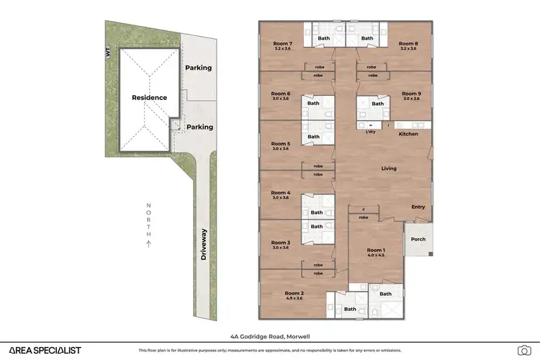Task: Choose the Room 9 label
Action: (x=411, y=94)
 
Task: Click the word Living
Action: (x=389, y=168)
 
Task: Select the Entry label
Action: (x=418, y=207)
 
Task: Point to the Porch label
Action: (x=418, y=239)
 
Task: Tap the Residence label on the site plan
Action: (x=149, y=97)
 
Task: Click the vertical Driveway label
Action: (x=204, y=244)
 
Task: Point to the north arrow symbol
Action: (x=148, y=244)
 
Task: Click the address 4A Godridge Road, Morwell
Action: (x=269, y=336)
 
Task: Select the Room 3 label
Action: (x=280, y=243)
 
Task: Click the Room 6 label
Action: (x=280, y=94)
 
